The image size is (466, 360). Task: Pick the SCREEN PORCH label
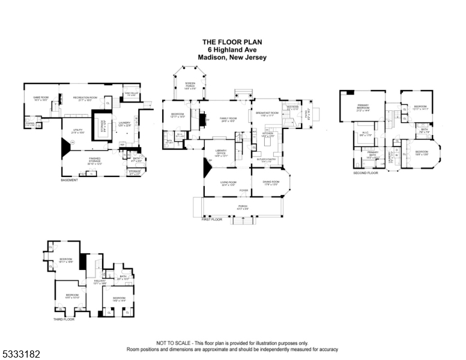pos(190,84)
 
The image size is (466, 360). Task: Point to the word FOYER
pos(244,191)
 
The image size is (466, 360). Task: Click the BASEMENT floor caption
pos(69,180)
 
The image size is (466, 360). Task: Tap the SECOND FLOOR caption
pos(366,173)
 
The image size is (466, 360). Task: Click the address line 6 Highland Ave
pos(232,49)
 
